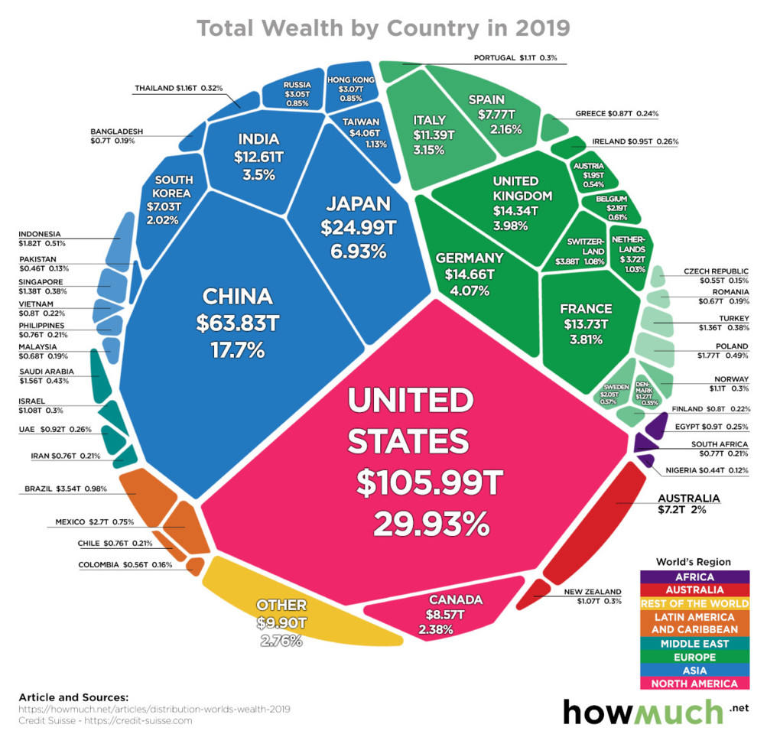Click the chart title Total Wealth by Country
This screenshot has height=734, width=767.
tap(383, 28)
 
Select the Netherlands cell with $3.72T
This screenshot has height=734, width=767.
tap(632, 252)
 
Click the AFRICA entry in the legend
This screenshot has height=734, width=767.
tap(689, 577)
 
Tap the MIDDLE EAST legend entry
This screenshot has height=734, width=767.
tap(689, 643)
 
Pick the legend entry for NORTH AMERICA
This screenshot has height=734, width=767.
tap(689, 684)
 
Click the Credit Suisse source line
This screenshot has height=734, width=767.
tap(105, 719)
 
